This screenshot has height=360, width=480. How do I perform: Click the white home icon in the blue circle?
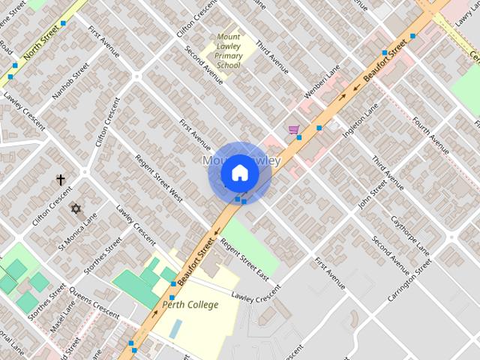tap(239, 173)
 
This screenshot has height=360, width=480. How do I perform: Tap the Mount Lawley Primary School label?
tap(229, 51)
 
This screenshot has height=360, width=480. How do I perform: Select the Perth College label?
tap(190, 304)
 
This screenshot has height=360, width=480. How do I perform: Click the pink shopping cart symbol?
tap(293, 130)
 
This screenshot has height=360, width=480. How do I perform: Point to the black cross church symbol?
tap(61, 180)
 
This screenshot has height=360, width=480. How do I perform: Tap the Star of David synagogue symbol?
tap(75, 208)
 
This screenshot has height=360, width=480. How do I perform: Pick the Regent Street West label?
tap(159, 178)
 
